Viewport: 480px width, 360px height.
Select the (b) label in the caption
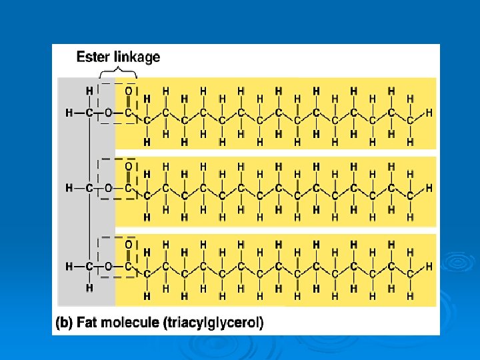tap(64, 323)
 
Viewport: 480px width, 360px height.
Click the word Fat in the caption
tap(90, 323)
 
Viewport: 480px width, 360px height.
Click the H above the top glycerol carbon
tap(89, 90)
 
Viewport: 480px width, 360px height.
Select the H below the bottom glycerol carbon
tap(89, 289)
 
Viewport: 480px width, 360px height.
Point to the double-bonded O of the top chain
tap(129, 90)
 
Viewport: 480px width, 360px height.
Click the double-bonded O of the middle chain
tap(129, 166)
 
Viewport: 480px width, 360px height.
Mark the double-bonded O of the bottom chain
tap(129, 244)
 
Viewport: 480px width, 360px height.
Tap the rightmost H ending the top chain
tap(429, 113)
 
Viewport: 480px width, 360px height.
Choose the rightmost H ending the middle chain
tap(429, 189)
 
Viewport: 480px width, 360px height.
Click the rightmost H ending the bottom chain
tap(429, 266)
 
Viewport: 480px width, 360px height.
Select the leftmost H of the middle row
tap(69, 189)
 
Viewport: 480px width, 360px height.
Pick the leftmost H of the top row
tap(69, 113)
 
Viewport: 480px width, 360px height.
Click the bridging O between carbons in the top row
tap(109, 113)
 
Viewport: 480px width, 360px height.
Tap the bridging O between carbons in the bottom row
tap(109, 266)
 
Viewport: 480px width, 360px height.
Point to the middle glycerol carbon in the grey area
tap(89, 189)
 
